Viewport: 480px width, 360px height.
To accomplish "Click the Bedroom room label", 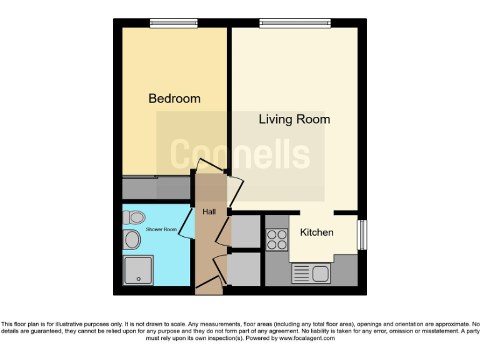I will coord(174,99).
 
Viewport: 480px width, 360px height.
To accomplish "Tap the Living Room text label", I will coord(294,119).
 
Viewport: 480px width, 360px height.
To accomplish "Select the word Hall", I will coord(209,212).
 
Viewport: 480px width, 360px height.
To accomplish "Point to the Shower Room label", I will coord(161,229).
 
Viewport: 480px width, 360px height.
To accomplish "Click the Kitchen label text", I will coord(317,232).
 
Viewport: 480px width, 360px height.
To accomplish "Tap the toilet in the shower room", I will coord(134,217).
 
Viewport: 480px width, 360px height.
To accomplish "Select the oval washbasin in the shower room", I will coord(132,239).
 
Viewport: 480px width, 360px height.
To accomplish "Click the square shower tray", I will coord(138,270).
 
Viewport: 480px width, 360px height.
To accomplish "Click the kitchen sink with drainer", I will coord(311,274).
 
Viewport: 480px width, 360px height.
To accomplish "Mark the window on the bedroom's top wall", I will coord(174,23).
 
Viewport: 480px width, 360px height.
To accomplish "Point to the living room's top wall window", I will coord(294,23).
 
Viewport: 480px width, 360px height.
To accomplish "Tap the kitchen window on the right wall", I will coord(361,234).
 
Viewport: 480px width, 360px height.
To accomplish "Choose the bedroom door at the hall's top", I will coord(207,167).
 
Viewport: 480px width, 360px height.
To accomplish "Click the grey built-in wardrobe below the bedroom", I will coord(155,187).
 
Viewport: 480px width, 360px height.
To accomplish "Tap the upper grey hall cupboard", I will coord(245,231).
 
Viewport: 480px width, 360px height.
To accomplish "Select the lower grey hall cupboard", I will coord(245,269).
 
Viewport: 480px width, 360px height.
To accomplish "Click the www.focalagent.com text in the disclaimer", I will coord(306,338).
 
